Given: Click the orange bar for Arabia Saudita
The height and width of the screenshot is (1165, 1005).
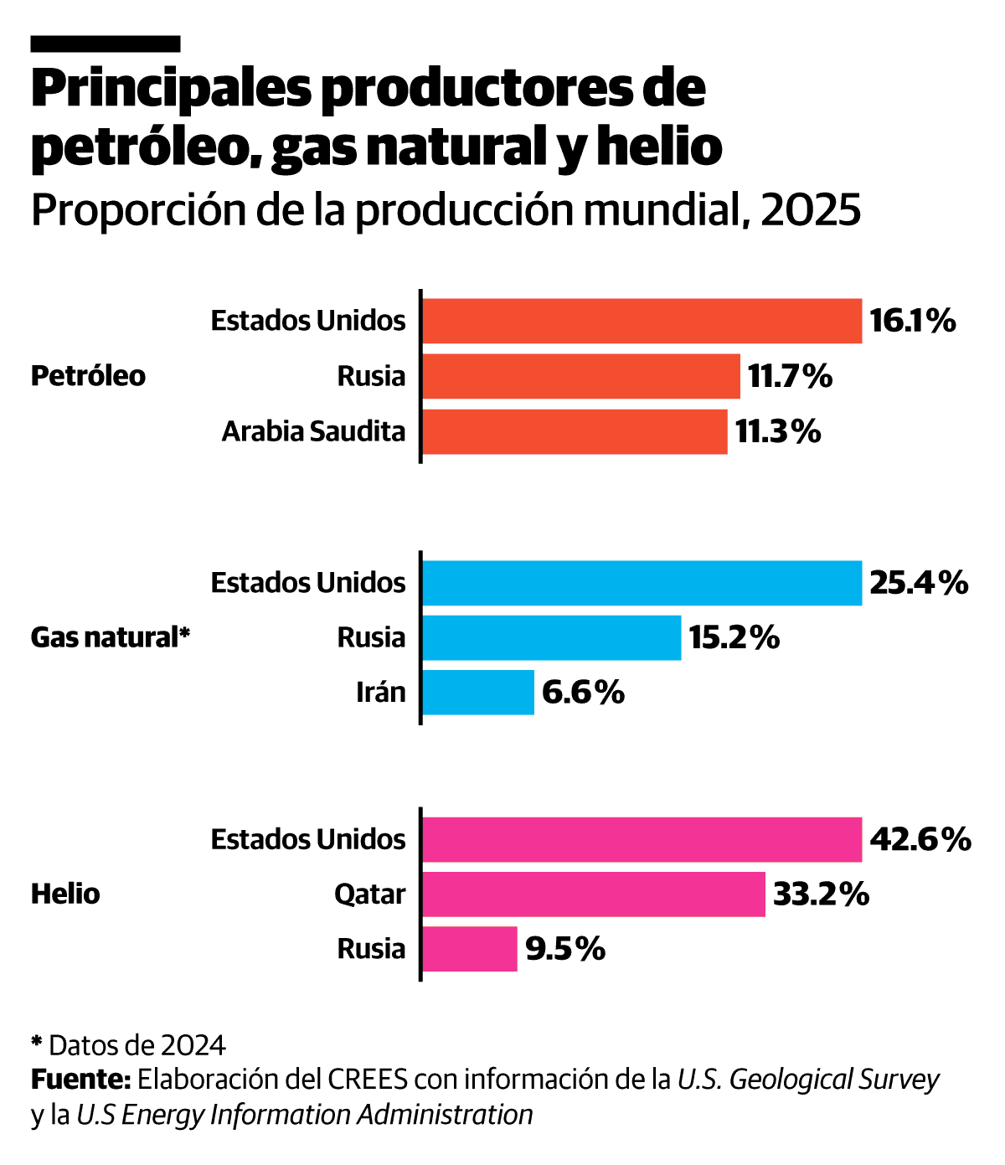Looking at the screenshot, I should click(x=575, y=431).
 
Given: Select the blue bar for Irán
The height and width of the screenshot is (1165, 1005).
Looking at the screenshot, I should click(x=478, y=693).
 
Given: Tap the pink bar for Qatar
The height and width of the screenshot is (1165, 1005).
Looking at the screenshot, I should click(x=593, y=894).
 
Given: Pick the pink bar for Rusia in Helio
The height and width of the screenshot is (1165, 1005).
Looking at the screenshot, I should click(x=470, y=949).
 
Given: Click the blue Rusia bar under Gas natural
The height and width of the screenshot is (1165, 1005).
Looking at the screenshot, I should click(x=551, y=637).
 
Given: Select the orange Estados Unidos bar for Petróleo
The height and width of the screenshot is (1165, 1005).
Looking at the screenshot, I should click(x=642, y=321).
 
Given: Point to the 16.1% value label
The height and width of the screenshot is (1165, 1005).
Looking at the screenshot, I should click(x=912, y=321).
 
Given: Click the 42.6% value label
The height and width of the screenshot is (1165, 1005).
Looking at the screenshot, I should click(x=920, y=839).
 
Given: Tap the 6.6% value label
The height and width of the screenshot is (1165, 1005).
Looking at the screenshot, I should click(x=583, y=693).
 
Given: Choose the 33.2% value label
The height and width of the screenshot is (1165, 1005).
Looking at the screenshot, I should click(x=821, y=894).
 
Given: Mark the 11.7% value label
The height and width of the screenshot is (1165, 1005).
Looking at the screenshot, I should click(x=790, y=376).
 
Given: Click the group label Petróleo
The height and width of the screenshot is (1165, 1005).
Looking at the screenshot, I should click(x=88, y=376).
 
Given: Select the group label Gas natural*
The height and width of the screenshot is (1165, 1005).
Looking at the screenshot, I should click(x=111, y=637).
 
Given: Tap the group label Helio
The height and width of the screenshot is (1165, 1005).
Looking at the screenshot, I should click(x=65, y=894).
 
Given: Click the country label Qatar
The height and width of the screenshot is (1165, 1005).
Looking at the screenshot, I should click(x=369, y=894).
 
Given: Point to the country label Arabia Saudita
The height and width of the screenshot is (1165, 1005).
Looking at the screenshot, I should click(x=313, y=431).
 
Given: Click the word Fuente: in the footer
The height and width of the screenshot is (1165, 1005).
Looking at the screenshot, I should click(x=80, y=1080).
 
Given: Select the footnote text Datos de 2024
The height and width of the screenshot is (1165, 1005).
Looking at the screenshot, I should click(x=137, y=1045).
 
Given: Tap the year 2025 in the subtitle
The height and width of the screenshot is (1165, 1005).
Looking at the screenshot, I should click(x=811, y=210).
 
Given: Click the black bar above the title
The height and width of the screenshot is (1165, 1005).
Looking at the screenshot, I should click(x=106, y=44).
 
